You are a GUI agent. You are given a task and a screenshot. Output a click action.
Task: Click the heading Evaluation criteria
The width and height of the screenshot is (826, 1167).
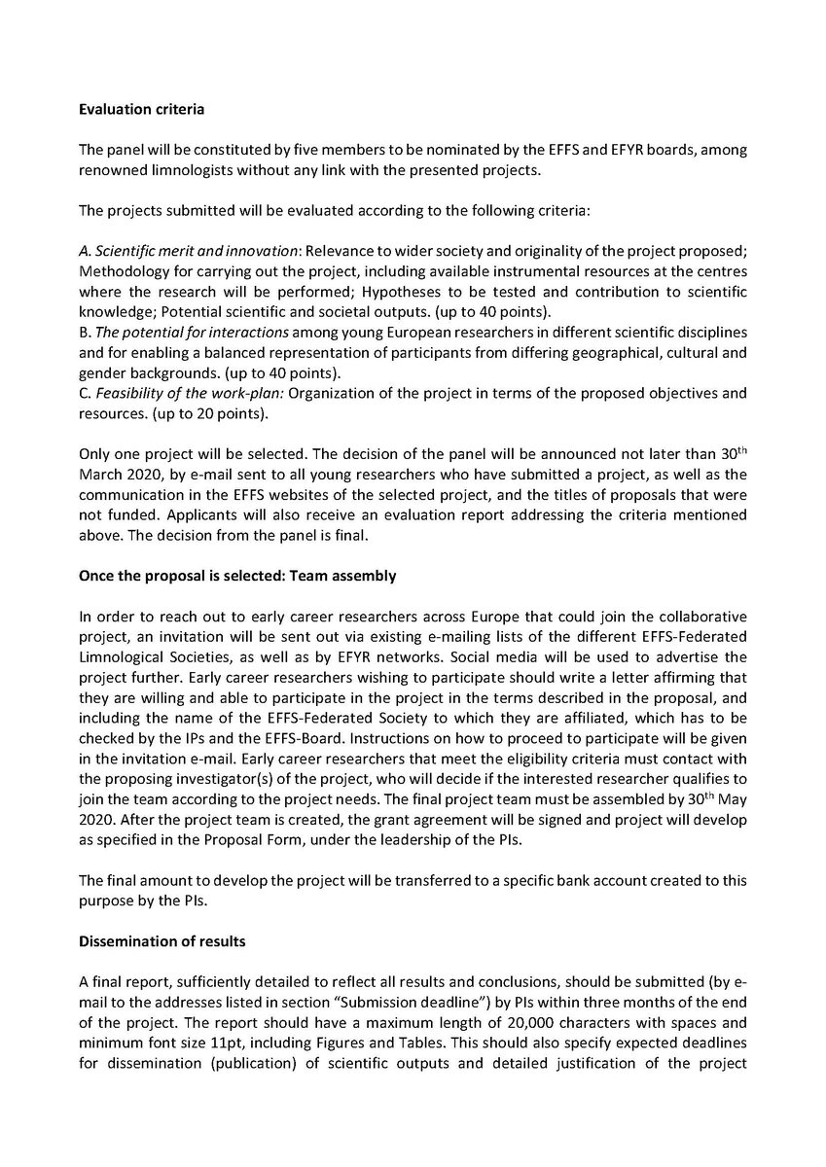click(x=141, y=109)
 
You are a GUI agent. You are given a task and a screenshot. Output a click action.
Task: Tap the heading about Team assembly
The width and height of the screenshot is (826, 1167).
click(x=236, y=576)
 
